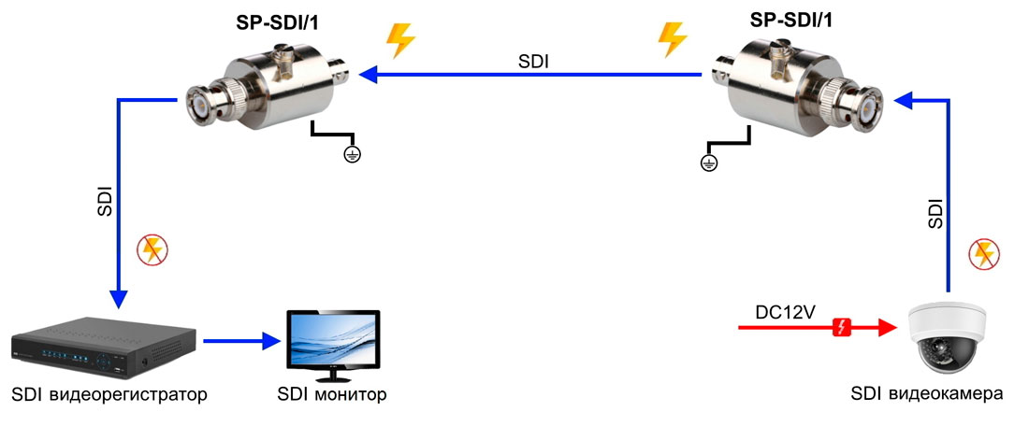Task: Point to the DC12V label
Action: (783, 310)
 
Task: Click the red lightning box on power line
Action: (841, 327)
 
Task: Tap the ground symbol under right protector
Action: (709, 164)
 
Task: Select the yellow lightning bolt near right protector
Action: (672, 39)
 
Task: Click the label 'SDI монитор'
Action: (331, 394)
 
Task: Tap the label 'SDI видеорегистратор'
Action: (109, 394)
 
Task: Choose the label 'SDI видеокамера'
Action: (926, 394)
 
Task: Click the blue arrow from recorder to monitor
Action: (241, 341)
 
